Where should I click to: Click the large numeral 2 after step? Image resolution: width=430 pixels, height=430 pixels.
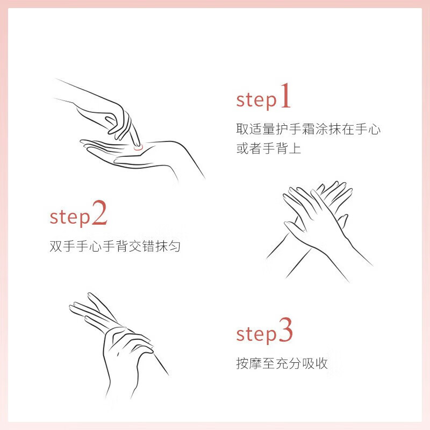tap(99, 212)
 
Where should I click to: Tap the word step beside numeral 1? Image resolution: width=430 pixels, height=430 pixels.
tap(256, 101)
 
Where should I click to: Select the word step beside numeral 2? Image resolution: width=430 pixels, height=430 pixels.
tap(70, 218)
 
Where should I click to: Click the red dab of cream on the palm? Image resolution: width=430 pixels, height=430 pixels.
tap(138, 148)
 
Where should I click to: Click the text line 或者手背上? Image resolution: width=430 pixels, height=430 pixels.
tap(269, 148)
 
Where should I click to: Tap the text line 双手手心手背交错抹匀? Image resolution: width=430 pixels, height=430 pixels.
tap(115, 246)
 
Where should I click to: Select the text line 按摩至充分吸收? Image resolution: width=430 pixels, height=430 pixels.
tap(282, 363)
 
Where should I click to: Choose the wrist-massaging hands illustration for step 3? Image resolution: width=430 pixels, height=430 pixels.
tap(118, 346)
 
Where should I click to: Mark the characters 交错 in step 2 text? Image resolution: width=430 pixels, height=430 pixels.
tap(141, 246)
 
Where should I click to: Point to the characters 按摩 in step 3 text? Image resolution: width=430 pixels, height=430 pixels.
tap(249, 363)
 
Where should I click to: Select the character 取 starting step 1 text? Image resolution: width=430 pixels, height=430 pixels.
tap(242, 129)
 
